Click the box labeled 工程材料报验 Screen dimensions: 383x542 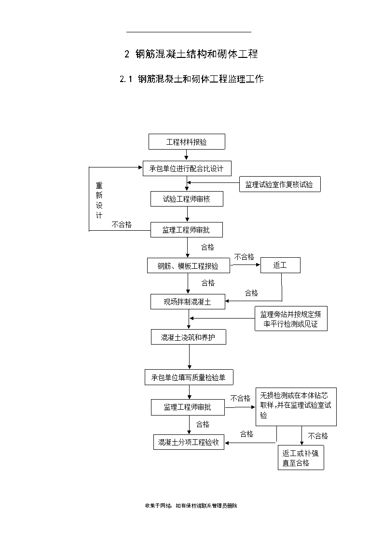187,142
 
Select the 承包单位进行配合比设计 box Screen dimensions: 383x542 187,168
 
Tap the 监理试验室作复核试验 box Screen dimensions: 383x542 280,184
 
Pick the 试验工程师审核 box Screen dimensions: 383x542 187,199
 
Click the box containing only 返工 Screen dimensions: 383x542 280,265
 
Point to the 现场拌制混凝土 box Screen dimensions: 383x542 188,302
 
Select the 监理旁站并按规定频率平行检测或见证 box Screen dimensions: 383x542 291,319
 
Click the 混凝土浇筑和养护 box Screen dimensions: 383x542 188,337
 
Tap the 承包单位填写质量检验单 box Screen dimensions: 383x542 189,377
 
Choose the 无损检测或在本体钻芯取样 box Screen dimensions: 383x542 296,406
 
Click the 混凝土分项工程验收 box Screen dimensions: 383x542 189,442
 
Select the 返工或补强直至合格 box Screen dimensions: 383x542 301,458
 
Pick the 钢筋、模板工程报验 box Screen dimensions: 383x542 188,265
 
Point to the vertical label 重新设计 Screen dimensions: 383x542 99,200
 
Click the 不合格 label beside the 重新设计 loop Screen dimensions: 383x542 122,225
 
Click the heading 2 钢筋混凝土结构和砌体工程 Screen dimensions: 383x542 191,54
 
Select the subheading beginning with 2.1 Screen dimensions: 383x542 191,79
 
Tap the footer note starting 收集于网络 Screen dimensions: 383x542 191,506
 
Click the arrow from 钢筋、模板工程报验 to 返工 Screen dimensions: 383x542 245,265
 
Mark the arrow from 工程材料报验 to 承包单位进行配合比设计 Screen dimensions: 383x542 187,155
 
